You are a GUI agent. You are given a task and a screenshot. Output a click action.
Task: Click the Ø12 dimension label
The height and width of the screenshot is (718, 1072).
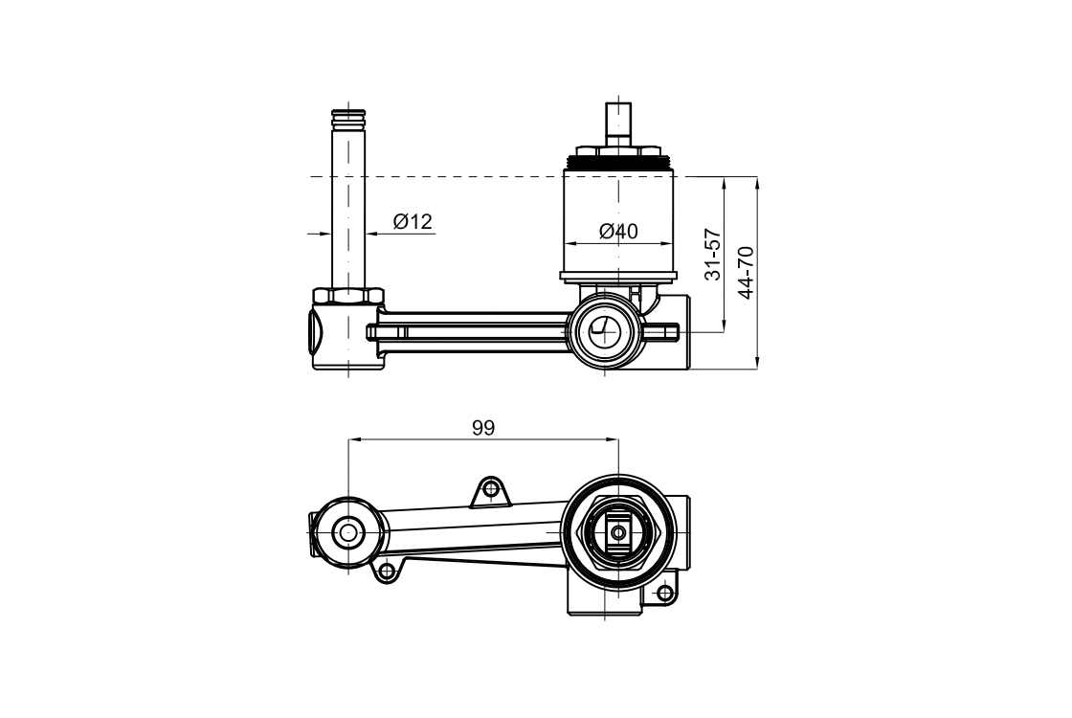[413, 221]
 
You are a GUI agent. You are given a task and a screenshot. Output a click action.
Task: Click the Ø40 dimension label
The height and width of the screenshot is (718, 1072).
[618, 232]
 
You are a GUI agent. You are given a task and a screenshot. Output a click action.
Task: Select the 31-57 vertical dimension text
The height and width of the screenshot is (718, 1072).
[713, 255]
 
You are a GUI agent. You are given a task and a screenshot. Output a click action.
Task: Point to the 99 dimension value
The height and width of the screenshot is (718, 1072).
[483, 428]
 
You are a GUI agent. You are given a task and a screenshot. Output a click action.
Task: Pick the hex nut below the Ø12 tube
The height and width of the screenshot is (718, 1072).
[348, 297]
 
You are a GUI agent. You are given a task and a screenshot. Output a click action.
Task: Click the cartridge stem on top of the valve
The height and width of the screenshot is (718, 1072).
[618, 123]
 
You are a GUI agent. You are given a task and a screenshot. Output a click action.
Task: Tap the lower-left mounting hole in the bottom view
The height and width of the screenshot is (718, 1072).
[387, 570]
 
